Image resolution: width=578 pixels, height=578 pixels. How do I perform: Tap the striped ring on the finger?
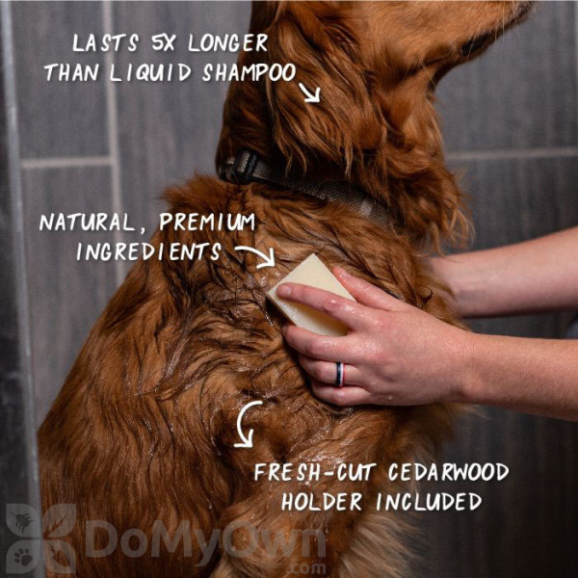tap(340, 375)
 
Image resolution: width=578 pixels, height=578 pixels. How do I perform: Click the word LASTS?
tap(105, 42)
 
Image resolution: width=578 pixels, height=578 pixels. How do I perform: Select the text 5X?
tap(164, 43)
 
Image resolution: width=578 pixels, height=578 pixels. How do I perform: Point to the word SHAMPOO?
tap(250, 72)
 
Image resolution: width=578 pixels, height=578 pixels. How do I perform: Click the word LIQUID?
tap(150, 72)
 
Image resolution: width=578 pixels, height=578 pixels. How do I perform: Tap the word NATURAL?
tap(87, 223)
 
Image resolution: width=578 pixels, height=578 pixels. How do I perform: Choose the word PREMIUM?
tap(207, 223)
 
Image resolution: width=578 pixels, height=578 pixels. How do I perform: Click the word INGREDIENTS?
tap(148, 251)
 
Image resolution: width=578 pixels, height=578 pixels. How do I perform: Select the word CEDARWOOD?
tap(448, 472)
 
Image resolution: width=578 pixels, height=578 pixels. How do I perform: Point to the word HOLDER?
tap(322, 502)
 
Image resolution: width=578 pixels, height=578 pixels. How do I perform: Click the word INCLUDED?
tap(429, 502)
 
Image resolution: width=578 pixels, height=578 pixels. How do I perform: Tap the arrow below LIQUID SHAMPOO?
tap(309, 92)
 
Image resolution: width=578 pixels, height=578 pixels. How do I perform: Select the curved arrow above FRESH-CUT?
tap(240, 424)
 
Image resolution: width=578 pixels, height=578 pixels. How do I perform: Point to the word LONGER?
tap(227, 43)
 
